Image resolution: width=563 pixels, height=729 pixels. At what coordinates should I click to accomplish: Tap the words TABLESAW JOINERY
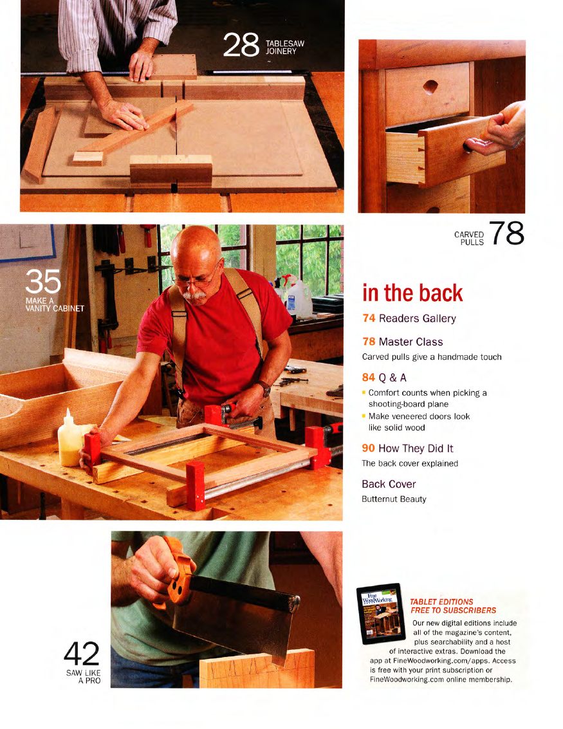pyautogui.click(x=284, y=47)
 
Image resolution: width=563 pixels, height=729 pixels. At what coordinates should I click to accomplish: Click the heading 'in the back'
pyautogui.click(x=412, y=293)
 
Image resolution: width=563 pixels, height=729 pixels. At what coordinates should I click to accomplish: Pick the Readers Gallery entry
pyautogui.click(x=409, y=318)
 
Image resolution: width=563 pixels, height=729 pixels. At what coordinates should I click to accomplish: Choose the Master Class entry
pyautogui.click(x=403, y=342)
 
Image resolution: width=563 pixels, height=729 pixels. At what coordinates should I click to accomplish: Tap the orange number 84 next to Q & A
pyautogui.click(x=369, y=377)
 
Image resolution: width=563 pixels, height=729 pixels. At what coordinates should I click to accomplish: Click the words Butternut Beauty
pyautogui.click(x=394, y=499)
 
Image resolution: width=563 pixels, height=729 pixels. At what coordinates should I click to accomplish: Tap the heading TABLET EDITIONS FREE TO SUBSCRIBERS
pyautogui.click(x=453, y=606)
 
